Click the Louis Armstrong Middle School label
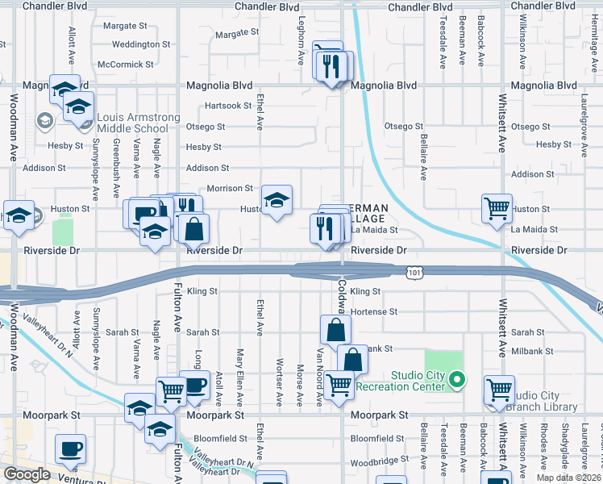[138, 123]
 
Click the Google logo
[27, 474]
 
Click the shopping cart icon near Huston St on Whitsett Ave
[497, 208]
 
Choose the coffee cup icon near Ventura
[70, 448]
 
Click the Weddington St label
[141, 44]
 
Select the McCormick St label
[125, 65]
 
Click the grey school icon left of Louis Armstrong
[44, 122]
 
